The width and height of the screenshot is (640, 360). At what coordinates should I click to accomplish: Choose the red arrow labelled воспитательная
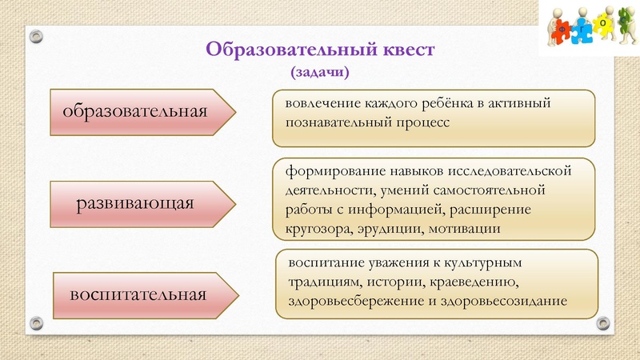click(141, 294)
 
